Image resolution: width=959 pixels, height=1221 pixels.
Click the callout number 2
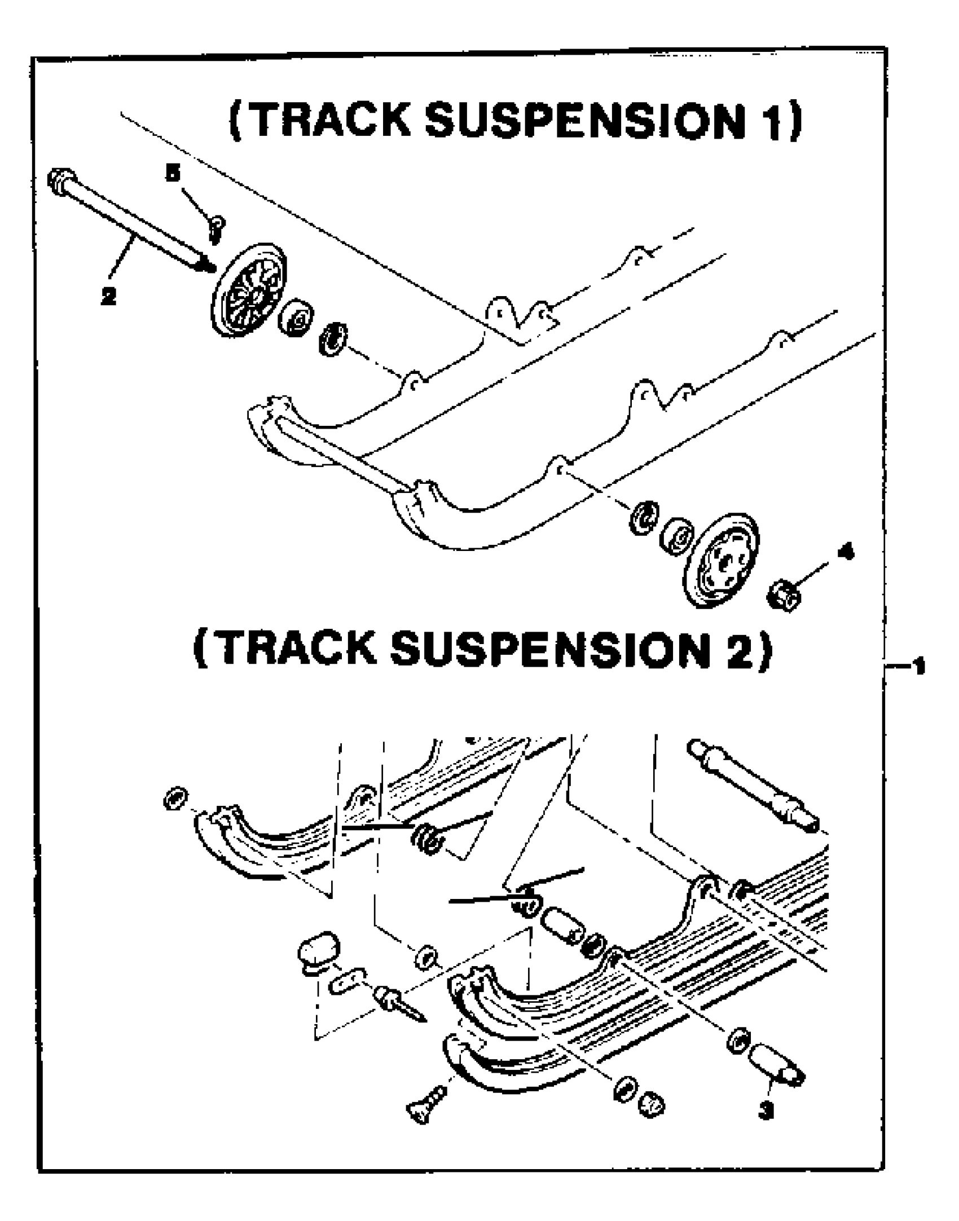[x=109, y=296]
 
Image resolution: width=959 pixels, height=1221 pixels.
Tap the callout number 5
[x=173, y=173]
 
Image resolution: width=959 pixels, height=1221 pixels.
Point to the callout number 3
[x=766, y=1110]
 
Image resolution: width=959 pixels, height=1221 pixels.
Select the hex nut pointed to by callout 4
[x=785, y=594]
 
